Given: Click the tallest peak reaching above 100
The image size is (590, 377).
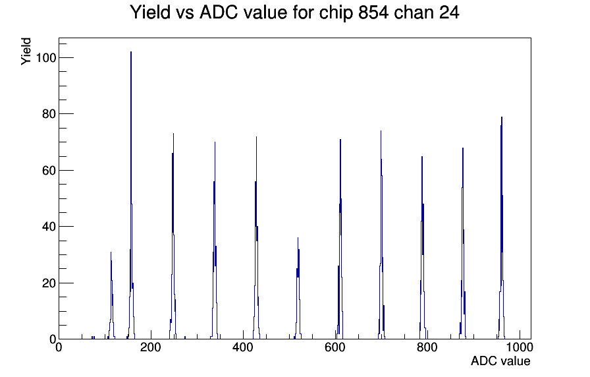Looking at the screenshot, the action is click(131, 196).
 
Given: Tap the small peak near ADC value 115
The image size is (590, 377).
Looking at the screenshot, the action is click(111, 297).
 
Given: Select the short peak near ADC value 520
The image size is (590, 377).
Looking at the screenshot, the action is click(298, 290).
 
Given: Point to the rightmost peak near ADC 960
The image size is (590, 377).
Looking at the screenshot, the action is click(502, 230).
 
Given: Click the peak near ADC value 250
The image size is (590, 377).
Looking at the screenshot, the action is click(173, 237).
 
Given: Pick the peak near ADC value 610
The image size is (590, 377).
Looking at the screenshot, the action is click(340, 241).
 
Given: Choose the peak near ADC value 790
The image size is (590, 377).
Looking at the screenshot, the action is click(422, 248).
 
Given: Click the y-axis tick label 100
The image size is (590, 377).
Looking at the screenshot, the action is click(46, 58).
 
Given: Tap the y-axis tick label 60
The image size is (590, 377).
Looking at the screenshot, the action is click(49, 171).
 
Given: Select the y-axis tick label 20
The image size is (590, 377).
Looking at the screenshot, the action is click(49, 283).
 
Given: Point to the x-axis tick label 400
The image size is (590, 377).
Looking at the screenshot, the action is click(243, 347).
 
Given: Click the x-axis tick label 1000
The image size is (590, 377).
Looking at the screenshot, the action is click(519, 347).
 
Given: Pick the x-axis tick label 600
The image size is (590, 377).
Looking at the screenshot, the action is click(335, 347).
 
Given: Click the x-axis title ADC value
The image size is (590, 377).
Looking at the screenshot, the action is click(500, 361).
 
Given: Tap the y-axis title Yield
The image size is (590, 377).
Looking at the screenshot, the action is click(26, 51).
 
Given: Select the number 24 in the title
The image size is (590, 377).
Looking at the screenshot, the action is click(449, 13).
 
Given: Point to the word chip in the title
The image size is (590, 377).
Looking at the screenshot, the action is click(336, 13).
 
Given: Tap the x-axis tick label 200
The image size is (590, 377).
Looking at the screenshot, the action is click(151, 347).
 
